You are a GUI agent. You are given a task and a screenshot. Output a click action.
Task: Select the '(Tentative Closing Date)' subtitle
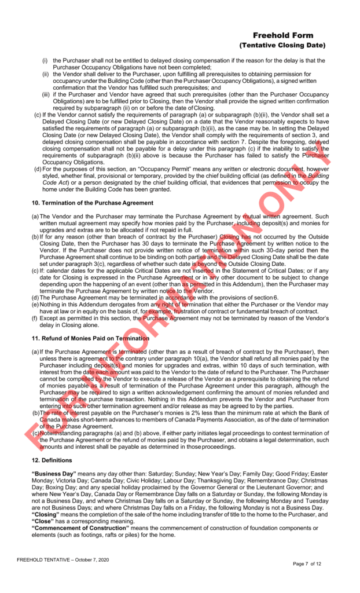pyautogui.click(x=282, y=45)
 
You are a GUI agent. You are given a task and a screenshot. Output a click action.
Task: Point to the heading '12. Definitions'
pyautogui.click(x=52, y=460)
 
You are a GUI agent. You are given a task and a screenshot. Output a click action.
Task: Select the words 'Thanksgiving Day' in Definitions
pyautogui.click(x=215, y=481)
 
